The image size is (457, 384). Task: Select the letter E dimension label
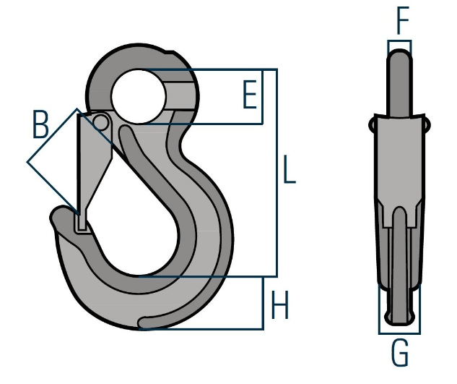tap(249, 95)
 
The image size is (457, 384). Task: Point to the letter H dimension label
tap(279, 307)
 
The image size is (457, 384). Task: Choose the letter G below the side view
tap(399, 355)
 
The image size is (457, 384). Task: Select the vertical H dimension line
tap(261, 302)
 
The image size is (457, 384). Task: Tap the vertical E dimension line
tap(261, 97)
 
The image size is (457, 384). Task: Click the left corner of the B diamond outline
tap(28, 162)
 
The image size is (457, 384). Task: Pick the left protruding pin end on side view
tap(373, 124)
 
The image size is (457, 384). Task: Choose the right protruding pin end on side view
tap(430, 124)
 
